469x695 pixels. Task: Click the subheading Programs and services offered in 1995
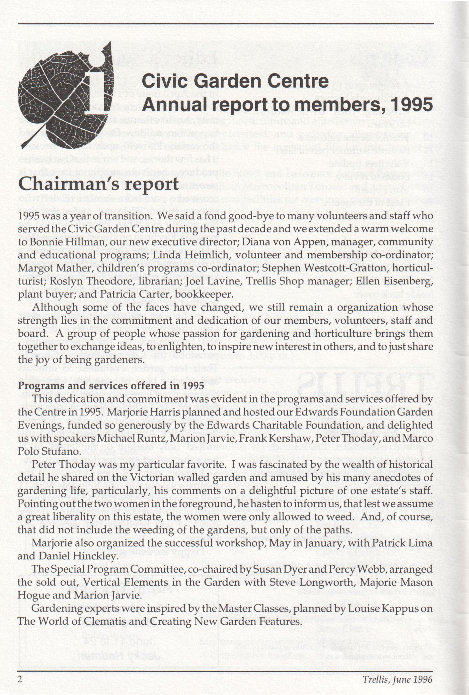click(x=111, y=385)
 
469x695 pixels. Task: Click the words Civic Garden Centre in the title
click(x=235, y=81)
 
